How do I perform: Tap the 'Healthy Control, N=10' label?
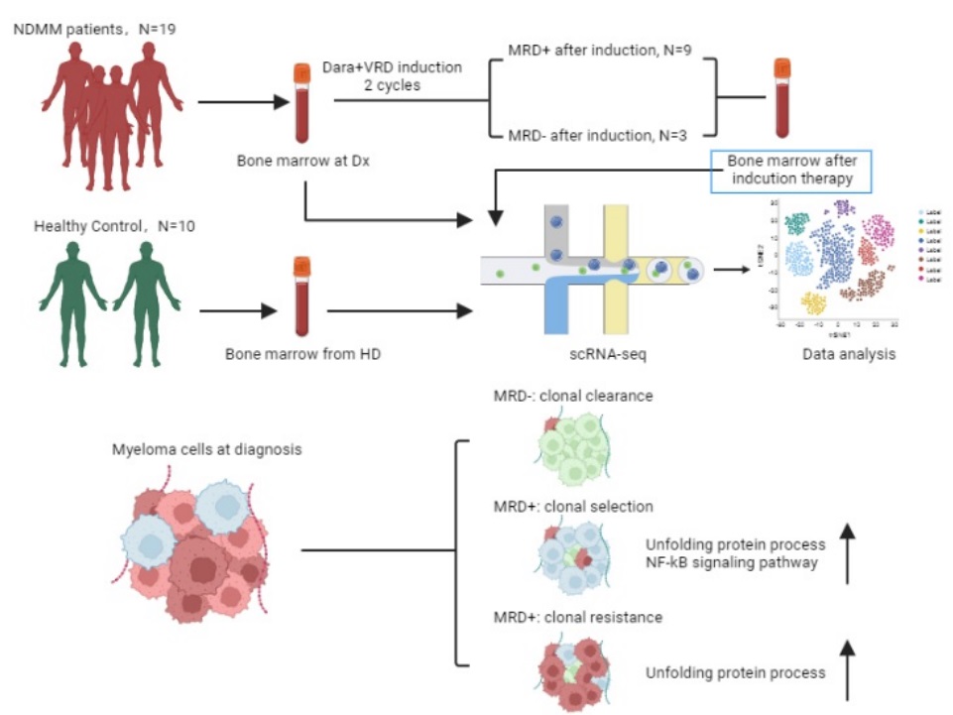coord(115,226)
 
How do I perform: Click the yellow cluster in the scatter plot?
coord(814,303)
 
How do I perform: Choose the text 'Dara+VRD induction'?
coord(393,67)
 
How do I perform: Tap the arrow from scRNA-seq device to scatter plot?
coord(733,269)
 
